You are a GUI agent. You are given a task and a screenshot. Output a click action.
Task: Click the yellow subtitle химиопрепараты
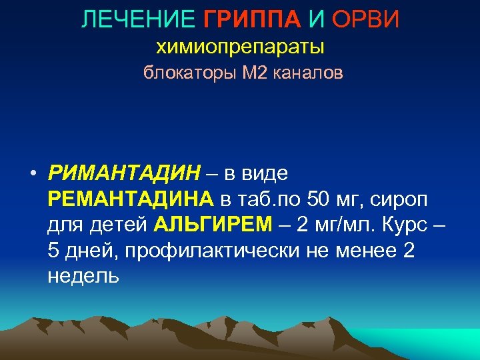click(240, 47)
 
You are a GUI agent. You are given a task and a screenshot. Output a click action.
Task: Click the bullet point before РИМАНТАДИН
click(31, 175)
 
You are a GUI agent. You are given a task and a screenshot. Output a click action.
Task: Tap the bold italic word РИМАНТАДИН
click(123, 173)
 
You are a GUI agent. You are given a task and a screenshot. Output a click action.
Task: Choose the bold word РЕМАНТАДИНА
click(131, 199)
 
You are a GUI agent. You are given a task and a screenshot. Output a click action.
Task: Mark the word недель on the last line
click(83, 275)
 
